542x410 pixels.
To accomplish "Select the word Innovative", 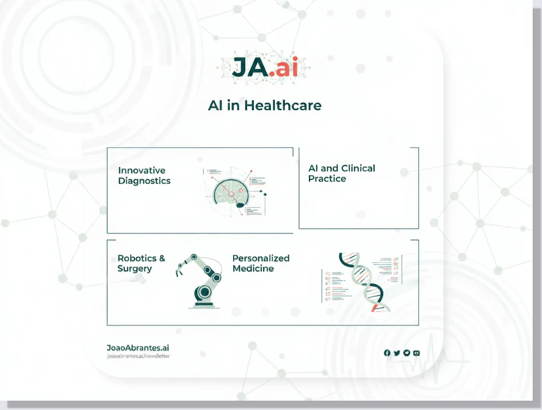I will [141, 170].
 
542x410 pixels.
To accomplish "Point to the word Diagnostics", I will [144, 181].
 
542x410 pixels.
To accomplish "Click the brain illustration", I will [234, 191].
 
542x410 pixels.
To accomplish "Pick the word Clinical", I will [358, 169].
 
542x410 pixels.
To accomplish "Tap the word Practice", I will [327, 179].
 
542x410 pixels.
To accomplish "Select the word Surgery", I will [135, 269].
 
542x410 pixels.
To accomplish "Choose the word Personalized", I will [260, 258].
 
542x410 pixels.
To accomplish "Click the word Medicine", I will [253, 269].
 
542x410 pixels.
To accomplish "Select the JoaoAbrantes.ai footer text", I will [138, 348].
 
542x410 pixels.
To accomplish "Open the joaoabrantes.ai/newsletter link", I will [138, 356].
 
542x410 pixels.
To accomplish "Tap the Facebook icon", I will [387, 353].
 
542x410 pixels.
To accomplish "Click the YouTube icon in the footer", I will [416, 353].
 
